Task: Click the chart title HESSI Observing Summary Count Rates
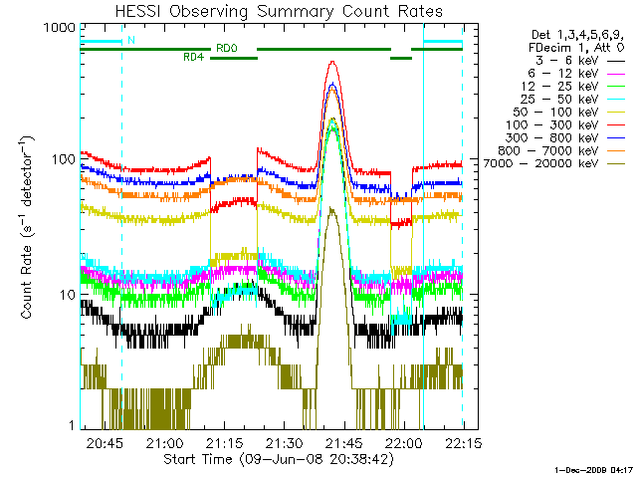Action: click(271, 10)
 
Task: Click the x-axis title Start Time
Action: click(271, 460)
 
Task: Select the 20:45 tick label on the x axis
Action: click(105, 442)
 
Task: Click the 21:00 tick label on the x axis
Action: click(164, 442)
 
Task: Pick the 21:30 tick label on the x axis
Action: click(284, 442)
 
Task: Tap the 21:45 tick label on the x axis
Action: click(343, 442)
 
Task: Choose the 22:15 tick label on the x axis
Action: click(463, 442)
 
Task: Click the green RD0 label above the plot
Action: click(226, 47)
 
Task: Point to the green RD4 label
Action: click(194, 57)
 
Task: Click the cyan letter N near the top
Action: click(131, 41)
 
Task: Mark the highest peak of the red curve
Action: click(332, 62)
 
